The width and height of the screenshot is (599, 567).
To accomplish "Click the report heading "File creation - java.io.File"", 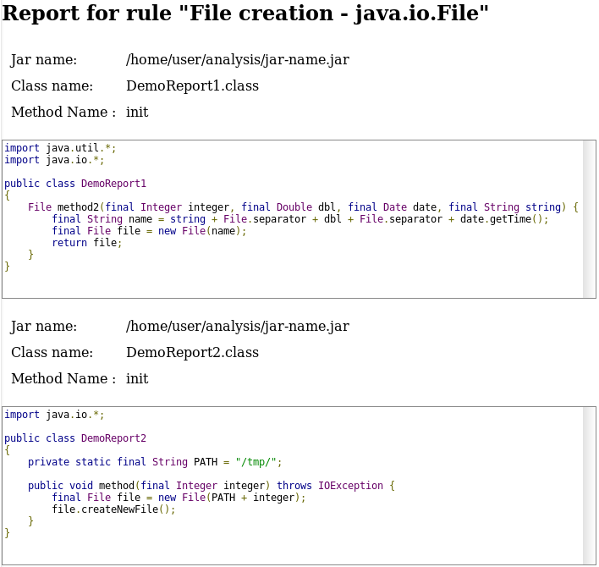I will (x=245, y=14).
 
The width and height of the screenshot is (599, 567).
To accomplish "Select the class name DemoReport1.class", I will (x=192, y=86).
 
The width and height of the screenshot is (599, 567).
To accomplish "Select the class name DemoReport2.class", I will (x=192, y=353).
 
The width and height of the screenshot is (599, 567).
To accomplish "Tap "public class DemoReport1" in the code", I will (x=75, y=184).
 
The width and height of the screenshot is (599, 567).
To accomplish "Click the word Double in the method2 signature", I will (x=294, y=207).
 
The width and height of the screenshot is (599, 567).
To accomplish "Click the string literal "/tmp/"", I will (x=259, y=462).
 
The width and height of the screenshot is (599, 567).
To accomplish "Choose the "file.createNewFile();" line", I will (x=113, y=509).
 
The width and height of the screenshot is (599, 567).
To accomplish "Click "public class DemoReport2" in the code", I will (x=75, y=438).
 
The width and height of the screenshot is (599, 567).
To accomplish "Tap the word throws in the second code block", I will (x=294, y=486).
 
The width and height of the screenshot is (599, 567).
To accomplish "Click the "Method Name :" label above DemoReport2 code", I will (x=63, y=379).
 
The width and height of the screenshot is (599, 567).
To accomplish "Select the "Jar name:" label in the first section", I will (x=44, y=60).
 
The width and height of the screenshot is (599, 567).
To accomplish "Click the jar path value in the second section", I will (x=237, y=327).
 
